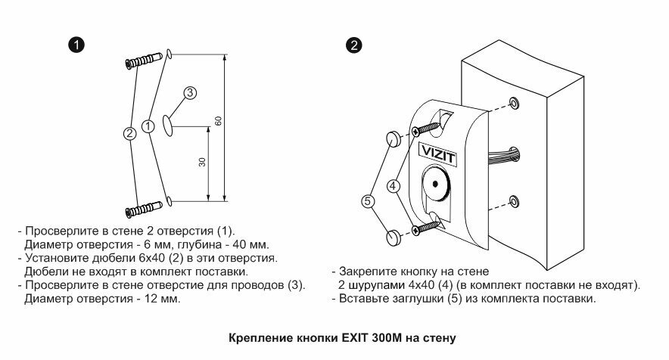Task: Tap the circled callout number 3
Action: (x=190, y=93)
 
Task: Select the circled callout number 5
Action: (x=368, y=202)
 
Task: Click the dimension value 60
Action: (x=218, y=123)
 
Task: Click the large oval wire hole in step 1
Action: (x=168, y=126)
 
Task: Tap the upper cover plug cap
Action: (x=394, y=139)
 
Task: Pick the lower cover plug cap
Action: (x=394, y=237)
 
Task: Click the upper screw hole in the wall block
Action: (x=514, y=103)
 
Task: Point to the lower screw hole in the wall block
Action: (x=514, y=201)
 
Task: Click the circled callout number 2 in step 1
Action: (x=130, y=134)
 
